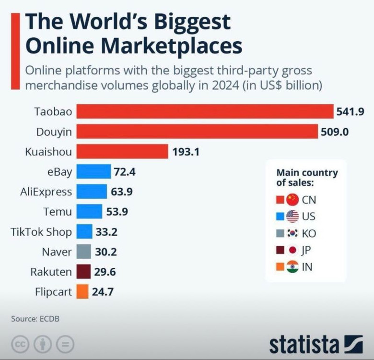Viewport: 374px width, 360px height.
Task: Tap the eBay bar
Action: pos(93,171)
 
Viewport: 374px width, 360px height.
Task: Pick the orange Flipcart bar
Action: pos(82,291)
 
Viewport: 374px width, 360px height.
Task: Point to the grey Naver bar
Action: pos(83,252)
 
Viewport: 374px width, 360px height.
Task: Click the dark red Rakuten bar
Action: pos(83,272)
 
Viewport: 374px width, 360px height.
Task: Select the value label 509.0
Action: pos(335,132)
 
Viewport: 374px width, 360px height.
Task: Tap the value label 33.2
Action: pos(106,232)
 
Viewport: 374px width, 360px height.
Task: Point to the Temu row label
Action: pos(57,212)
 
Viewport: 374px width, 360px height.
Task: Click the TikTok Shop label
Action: pos(41,232)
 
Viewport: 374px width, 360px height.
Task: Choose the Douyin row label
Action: pos(54,132)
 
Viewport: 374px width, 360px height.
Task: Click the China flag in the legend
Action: pos(292,200)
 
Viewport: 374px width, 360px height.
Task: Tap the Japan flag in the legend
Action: pos(292,250)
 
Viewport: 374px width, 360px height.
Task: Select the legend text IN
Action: pos(307,267)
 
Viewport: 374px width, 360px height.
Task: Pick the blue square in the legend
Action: pos(280,216)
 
